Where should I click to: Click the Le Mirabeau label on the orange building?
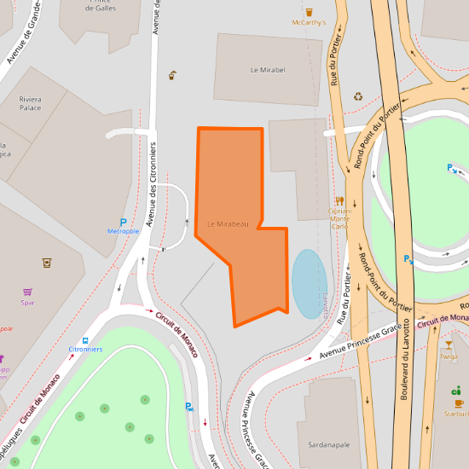tap(228, 224)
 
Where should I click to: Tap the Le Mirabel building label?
tap(268, 70)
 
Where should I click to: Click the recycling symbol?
tap(359, 96)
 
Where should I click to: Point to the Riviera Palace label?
tap(30, 104)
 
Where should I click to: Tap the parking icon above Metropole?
tap(123, 221)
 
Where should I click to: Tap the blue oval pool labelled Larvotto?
tap(309, 283)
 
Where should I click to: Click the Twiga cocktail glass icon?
tap(449, 345)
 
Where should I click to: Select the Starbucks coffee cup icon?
tap(458, 402)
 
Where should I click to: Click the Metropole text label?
tap(123, 232)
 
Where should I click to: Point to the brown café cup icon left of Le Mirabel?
tap(173, 76)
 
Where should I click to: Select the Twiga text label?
tap(449, 356)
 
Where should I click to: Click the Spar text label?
tap(28, 302)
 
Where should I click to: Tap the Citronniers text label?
tap(85, 350)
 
